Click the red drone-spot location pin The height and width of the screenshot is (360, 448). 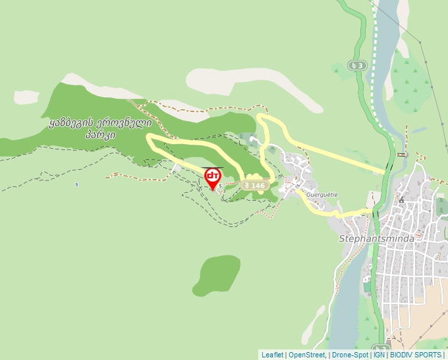coord(213,177)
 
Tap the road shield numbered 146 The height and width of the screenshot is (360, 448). coord(254,186)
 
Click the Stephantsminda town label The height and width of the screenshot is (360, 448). coord(376,238)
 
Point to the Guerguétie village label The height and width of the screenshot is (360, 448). coord(322,195)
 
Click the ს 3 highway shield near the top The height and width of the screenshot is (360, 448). coord(357,65)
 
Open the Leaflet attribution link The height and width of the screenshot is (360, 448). coord(272,355)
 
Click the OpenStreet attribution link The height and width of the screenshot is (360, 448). coord(306,355)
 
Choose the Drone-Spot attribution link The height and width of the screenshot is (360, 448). coord(349,355)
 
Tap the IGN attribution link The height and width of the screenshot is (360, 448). coord(379,355)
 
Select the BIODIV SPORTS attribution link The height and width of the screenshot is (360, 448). coord(415,355)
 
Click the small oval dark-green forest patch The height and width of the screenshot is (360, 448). coord(217,274)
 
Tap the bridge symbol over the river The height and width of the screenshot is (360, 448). coord(402,155)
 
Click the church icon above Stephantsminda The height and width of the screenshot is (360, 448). coord(401,199)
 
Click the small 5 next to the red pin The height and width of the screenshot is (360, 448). coord(219,186)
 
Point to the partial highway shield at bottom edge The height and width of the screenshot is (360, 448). coord(381,348)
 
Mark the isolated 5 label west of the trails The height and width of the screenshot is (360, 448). coord(77,184)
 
